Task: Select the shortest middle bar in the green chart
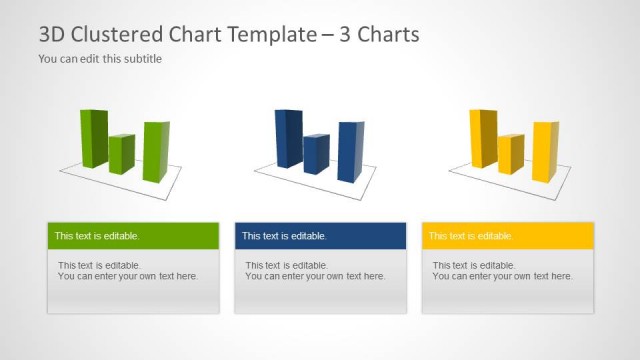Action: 122,153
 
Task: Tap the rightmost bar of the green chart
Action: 155,152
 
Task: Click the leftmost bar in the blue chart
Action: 288,138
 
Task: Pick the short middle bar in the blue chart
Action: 316,154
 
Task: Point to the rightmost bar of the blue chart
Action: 350,152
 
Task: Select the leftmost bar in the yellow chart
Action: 482,138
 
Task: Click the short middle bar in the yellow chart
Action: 510,154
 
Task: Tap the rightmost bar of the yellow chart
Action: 544,152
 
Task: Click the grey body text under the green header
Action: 127,271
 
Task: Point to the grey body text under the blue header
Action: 314,271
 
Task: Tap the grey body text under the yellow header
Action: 502,271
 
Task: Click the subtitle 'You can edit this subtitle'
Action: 100,59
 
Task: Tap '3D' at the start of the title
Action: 53,34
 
